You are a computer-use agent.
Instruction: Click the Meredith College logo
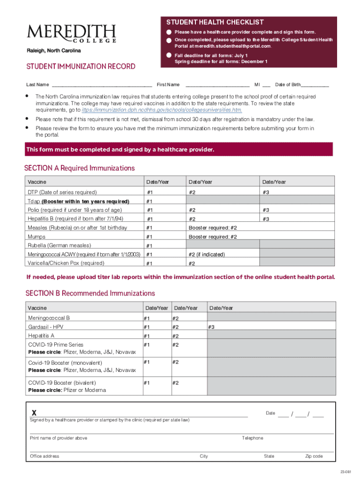click(72, 34)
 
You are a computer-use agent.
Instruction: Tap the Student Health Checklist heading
click(215, 22)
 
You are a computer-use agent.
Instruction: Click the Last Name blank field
click(101, 85)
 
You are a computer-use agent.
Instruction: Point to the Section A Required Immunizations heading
click(79, 168)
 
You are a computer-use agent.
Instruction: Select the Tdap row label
click(78, 201)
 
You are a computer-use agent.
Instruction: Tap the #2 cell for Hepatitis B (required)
click(222, 219)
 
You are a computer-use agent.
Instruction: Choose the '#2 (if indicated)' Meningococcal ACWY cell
click(222, 254)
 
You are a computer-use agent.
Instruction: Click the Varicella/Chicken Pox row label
click(65, 263)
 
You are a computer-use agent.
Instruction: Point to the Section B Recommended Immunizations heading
click(90, 293)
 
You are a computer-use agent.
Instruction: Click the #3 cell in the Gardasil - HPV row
click(270, 327)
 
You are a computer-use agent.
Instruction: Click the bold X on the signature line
click(34, 413)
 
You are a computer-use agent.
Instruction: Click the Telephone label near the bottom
click(252, 438)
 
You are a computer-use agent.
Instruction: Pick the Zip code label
click(314, 456)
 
